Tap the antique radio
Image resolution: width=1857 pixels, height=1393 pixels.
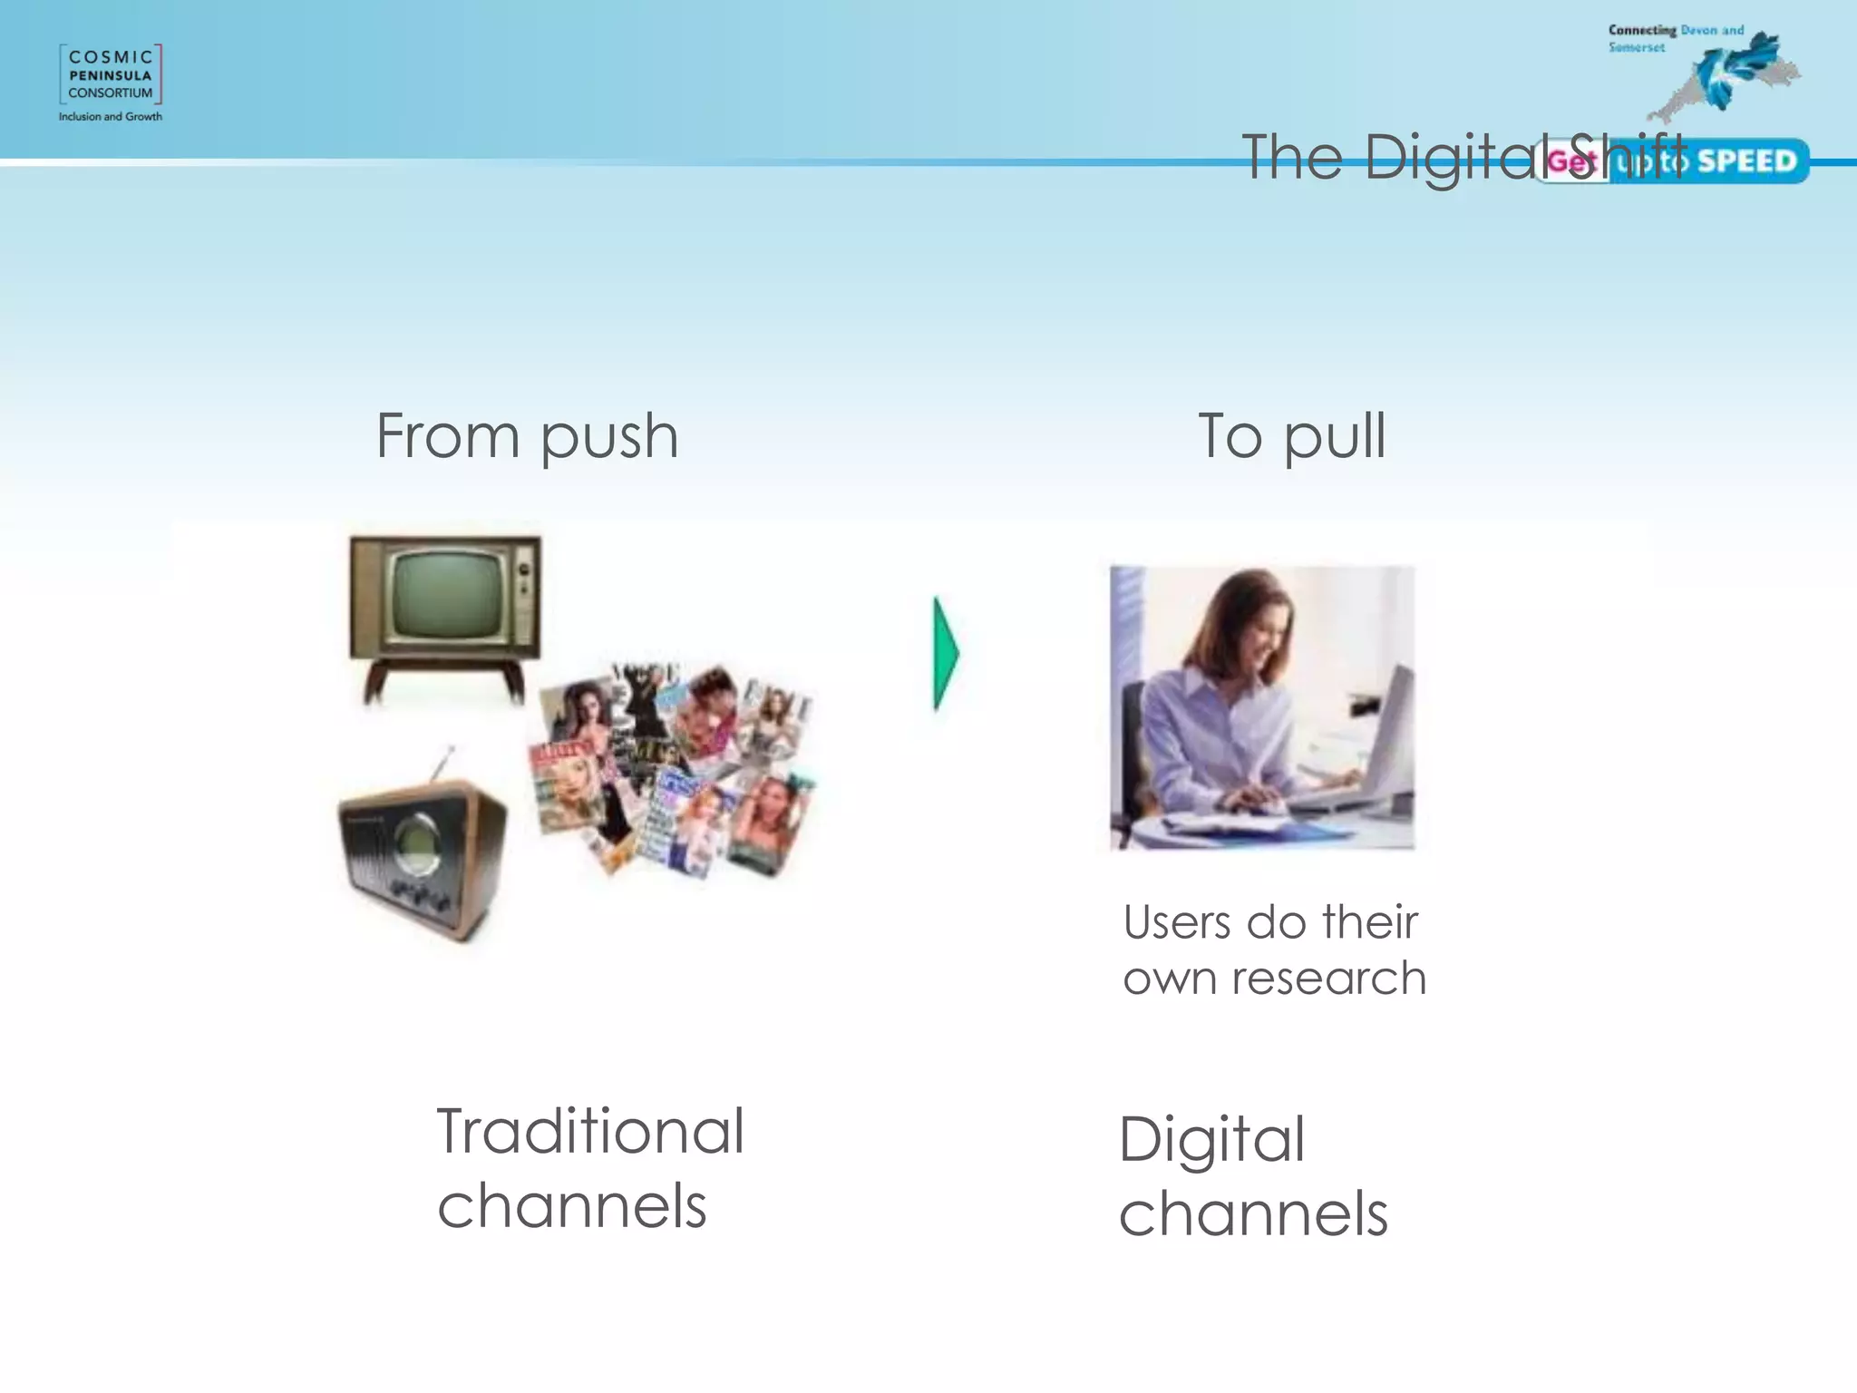(423, 857)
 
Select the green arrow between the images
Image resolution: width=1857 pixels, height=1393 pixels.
(946, 653)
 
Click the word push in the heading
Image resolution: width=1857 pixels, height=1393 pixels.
(609, 438)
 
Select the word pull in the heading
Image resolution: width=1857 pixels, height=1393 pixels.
(1335, 438)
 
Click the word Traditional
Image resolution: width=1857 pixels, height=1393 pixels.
(590, 1132)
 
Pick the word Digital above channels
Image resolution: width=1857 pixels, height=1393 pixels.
(1211, 1141)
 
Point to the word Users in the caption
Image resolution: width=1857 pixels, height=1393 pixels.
(1177, 922)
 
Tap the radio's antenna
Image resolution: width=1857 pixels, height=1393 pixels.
(443, 762)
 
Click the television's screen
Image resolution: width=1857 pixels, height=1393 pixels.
(447, 596)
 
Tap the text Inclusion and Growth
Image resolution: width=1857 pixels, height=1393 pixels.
(111, 117)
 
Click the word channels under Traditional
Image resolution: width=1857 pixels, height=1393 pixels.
(572, 1207)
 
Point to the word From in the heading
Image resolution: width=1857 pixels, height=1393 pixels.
(448, 436)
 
